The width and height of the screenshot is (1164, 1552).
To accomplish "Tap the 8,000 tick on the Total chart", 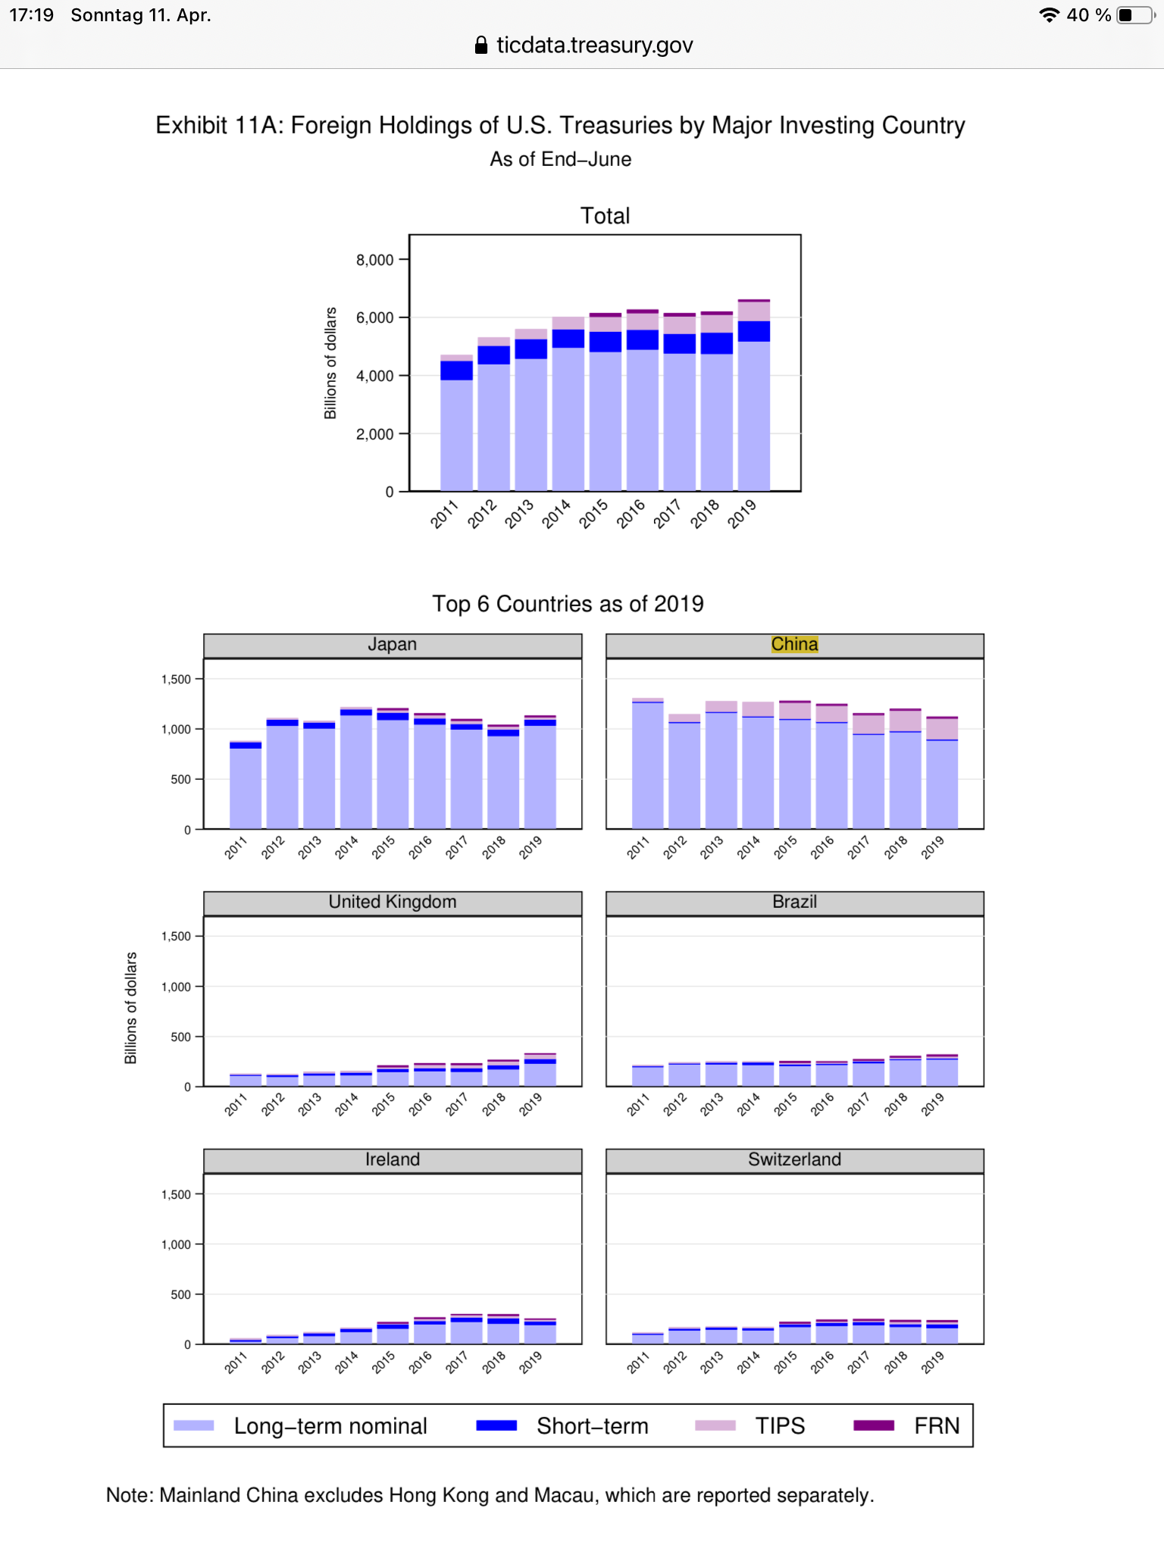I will coord(374,260).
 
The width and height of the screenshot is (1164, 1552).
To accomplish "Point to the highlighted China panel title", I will coord(794,644).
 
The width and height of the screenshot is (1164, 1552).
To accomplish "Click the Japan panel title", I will coord(392,644).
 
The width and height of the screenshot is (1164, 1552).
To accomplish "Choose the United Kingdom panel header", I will coord(392,902).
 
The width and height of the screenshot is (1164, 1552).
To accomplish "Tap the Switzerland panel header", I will coord(794,1159).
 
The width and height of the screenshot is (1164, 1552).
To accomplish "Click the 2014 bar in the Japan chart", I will coord(356,768).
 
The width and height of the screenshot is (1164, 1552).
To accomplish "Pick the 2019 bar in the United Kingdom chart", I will coord(540,1070).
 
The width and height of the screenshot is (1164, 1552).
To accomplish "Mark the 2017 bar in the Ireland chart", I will coord(466,1329).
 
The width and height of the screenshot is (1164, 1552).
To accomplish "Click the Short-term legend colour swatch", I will coord(496,1425).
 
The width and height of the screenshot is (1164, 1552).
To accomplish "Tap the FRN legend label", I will coord(937,1425).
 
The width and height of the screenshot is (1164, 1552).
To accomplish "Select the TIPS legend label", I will coord(780,1425).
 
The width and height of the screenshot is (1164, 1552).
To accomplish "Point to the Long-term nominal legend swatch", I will coord(194,1425).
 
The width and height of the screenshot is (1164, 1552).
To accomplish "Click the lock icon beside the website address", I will coord(480,45).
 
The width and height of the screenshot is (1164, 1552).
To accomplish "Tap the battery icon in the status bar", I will coord(1134,15).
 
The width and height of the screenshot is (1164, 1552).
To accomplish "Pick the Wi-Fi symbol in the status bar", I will coord(1049,15).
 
